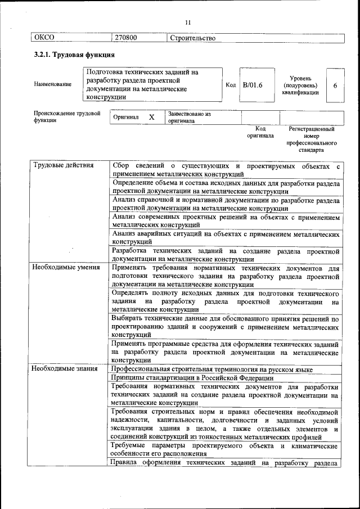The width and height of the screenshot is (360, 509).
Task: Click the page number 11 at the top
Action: point(188,22)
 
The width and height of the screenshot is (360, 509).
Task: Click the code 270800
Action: point(126,38)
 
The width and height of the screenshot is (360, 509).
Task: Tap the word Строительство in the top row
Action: point(192,38)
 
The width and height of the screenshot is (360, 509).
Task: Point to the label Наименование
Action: point(52,84)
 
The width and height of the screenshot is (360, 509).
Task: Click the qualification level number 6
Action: point(335,85)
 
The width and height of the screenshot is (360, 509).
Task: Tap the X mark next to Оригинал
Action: point(151,117)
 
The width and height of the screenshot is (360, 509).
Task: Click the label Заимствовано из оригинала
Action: point(188,117)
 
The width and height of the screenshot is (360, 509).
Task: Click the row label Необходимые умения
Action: point(63,268)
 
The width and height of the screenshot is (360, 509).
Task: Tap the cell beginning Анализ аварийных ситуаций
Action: point(225,237)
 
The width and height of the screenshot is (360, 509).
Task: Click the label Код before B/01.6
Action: point(231,84)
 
